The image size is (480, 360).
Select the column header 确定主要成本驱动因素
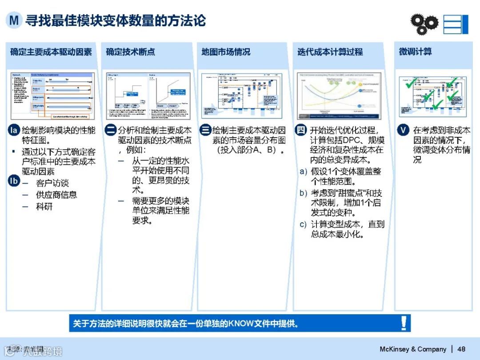point(51,52)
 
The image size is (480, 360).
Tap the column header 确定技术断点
point(130,52)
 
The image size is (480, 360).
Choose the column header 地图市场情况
point(226,52)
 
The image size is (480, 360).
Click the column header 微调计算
point(415,52)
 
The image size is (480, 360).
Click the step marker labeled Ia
point(14,131)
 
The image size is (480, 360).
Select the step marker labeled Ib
point(14,180)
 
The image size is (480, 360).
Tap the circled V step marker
point(403,131)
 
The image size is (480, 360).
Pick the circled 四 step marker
point(301,130)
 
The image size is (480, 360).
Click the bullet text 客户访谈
point(52,183)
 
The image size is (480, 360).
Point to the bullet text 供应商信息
point(56,195)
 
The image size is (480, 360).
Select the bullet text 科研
point(44,206)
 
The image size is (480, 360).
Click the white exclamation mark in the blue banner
point(404,323)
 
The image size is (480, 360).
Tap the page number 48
point(461,349)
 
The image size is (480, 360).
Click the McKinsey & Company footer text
point(413,349)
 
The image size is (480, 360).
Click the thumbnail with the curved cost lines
point(339,96)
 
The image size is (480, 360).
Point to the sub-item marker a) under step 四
point(303,172)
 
